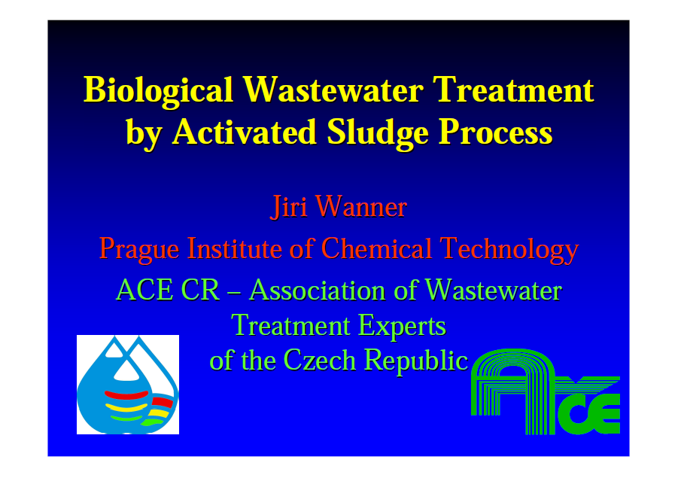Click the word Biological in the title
pyautogui.click(x=158, y=91)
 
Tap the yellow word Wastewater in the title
pyautogui.click(x=333, y=90)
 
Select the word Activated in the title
pyautogui.click(x=245, y=132)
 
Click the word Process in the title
pyautogui.click(x=496, y=132)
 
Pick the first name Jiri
pyautogui.click(x=288, y=207)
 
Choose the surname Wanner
pyautogui.click(x=361, y=206)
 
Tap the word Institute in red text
pyautogui.click(x=234, y=248)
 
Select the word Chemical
pyautogui.click(x=376, y=248)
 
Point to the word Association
pyautogui.click(x=317, y=289)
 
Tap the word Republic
pyautogui.click(x=415, y=361)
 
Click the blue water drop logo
pyautogui.click(x=128, y=385)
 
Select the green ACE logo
pyautogui.click(x=546, y=391)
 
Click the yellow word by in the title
pyautogui.click(x=144, y=134)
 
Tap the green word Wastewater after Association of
pyautogui.click(x=494, y=289)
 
